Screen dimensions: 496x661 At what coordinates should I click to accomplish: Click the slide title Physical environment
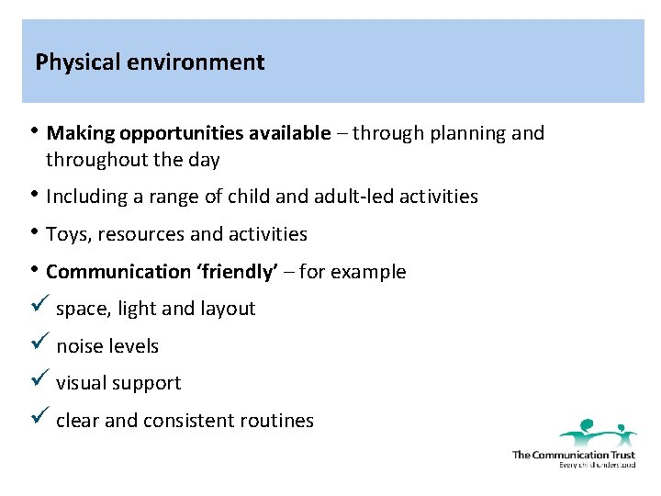[x=150, y=62]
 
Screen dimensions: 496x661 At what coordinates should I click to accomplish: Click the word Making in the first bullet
[x=77, y=133]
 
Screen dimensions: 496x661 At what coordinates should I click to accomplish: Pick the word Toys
[x=66, y=234]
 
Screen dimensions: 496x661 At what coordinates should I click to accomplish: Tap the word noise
[x=79, y=347]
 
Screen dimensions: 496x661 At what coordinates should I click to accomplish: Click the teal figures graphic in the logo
[x=598, y=432]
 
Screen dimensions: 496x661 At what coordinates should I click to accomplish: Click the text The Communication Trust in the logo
[x=573, y=454]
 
